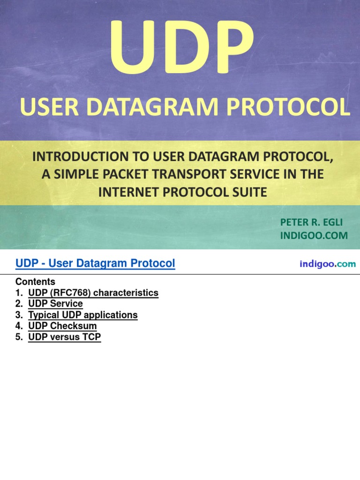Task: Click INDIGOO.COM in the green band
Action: point(314,235)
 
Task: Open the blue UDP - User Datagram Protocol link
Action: point(95,263)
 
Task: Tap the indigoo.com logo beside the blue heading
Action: point(327,264)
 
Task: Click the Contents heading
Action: point(35,282)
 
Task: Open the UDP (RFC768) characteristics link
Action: point(93,293)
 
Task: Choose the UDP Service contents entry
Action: point(55,304)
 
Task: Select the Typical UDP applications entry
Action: point(83,315)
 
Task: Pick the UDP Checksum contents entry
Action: point(62,326)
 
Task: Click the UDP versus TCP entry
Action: point(65,337)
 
